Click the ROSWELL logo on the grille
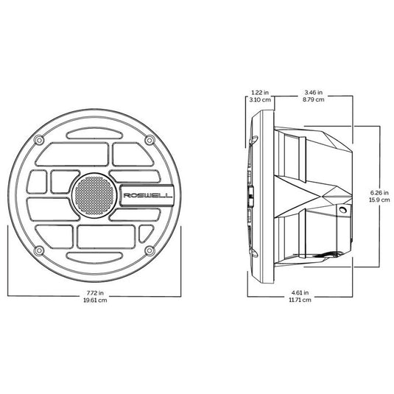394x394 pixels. pyautogui.click(x=148, y=195)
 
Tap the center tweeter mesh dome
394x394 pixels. pyautogui.click(x=94, y=195)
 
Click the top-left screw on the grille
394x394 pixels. pyautogui.click(x=39, y=140)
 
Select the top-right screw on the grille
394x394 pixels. pyautogui.click(x=150, y=140)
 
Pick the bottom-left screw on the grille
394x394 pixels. pyautogui.click(x=39, y=250)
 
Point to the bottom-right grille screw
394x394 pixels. pyautogui.click(x=150, y=250)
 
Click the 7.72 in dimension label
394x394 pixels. pyautogui.click(x=95, y=292)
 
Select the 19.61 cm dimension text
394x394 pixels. pyautogui.click(x=95, y=300)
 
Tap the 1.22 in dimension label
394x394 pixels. pyautogui.click(x=260, y=93)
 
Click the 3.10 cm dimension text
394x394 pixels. pyautogui.click(x=260, y=99)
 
